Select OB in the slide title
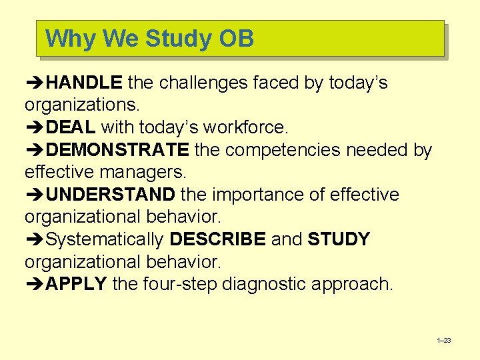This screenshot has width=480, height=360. click(236, 39)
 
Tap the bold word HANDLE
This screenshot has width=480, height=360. click(84, 83)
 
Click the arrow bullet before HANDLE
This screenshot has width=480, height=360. click(35, 83)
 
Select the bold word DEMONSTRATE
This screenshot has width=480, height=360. click(118, 150)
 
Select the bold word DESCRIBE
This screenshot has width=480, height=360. click(217, 239)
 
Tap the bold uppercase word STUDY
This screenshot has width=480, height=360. click(339, 239)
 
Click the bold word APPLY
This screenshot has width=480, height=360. click(77, 284)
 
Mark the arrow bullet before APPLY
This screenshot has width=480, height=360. click(35, 285)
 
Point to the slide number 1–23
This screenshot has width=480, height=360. click(443, 341)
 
